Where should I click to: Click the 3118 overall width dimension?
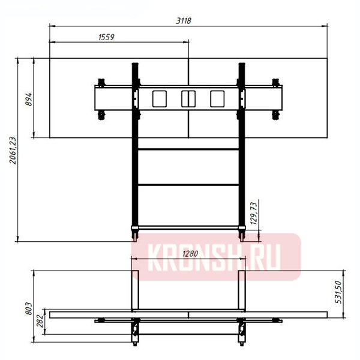click(184, 20)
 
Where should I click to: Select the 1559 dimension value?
click(104, 37)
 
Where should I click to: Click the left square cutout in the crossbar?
click(158, 98)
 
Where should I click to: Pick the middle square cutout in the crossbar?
click(188, 98)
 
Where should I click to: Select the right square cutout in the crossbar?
click(217, 98)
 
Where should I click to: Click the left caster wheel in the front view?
click(134, 229)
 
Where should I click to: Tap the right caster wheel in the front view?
click(242, 229)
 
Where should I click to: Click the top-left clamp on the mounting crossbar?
click(101, 81)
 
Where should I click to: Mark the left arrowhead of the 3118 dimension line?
click(51, 25)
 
